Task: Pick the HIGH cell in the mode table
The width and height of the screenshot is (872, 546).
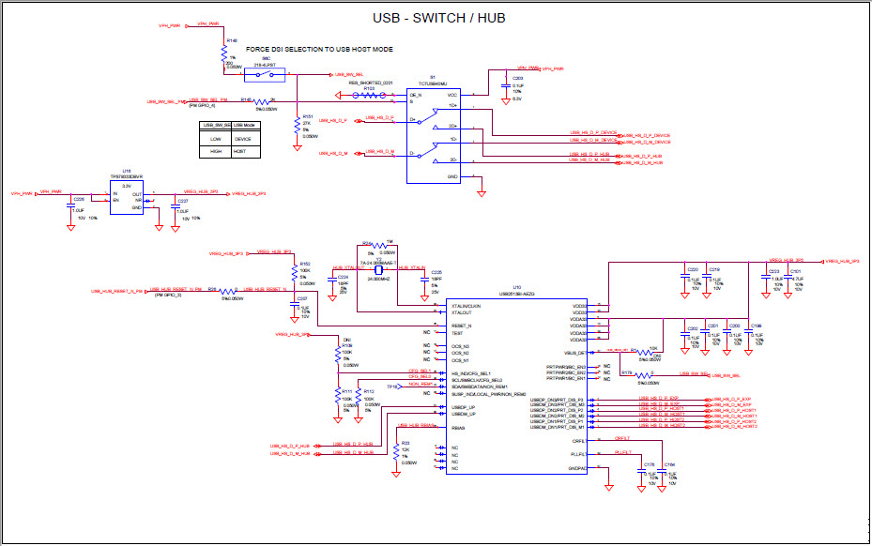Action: pos(215,150)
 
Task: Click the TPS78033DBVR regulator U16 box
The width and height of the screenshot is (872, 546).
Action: pos(127,198)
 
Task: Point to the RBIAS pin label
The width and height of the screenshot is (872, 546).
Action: pos(458,428)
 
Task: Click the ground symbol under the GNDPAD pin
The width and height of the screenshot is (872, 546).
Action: pos(609,486)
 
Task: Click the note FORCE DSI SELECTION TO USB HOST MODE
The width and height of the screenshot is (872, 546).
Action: pos(319,48)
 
